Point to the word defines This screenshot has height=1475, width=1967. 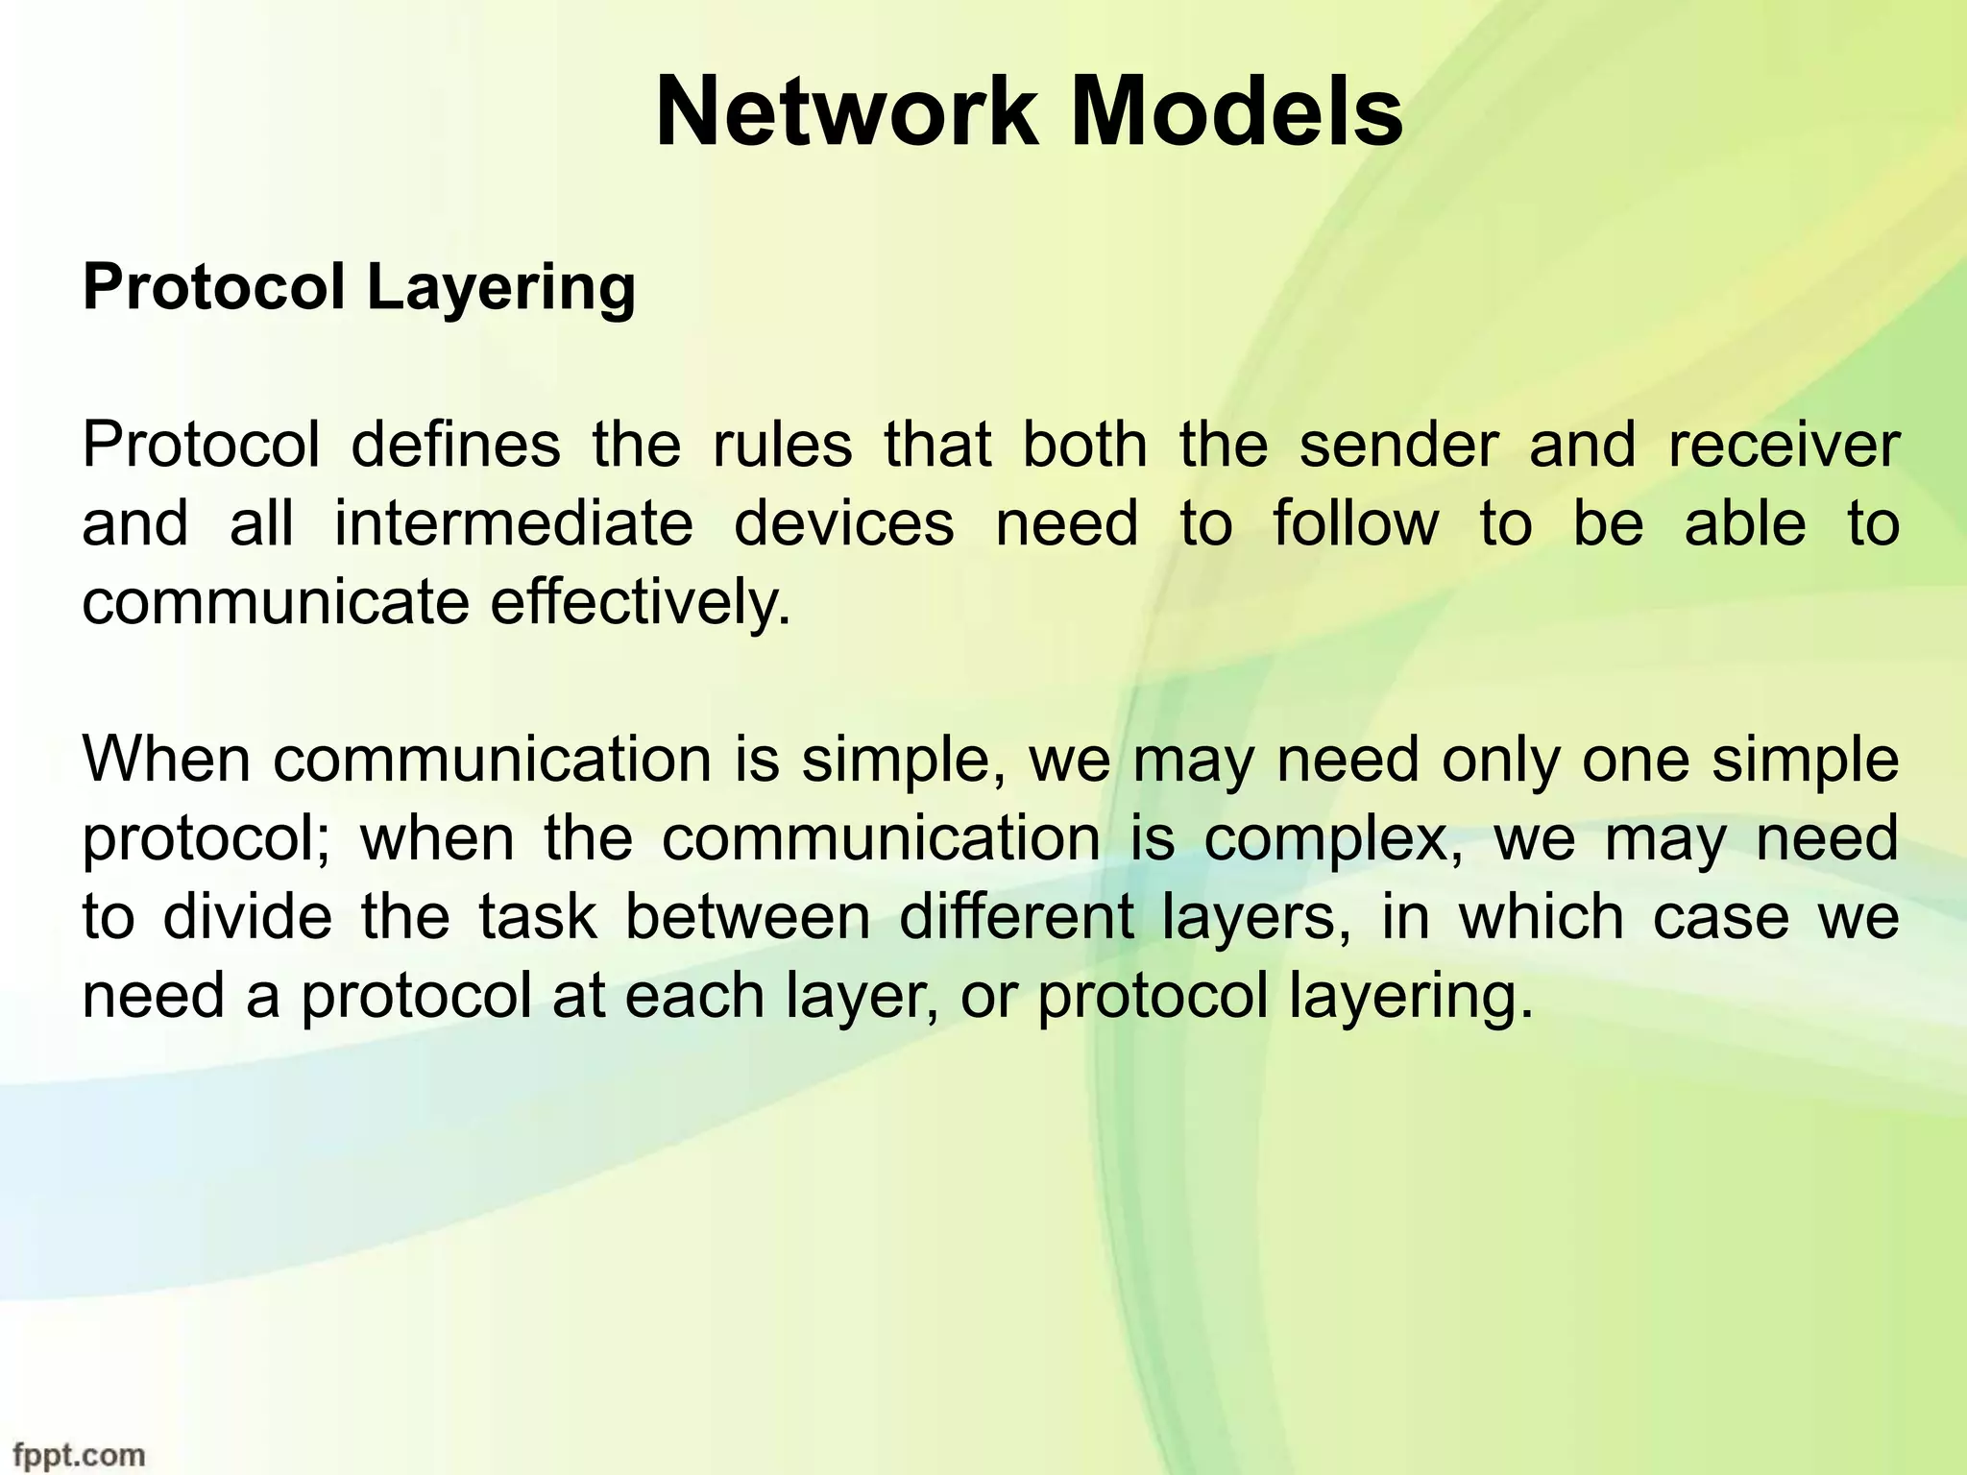tap(455, 446)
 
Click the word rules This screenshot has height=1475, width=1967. tap(782, 446)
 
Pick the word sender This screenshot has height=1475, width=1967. tap(1397, 446)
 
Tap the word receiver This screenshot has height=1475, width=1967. tap(1784, 446)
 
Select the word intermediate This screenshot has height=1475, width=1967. tap(513, 524)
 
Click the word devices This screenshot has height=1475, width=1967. tap(844, 524)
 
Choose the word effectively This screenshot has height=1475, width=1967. tap(641, 603)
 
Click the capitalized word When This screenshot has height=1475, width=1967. tap(166, 760)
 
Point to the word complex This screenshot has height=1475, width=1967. tap(1333, 838)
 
